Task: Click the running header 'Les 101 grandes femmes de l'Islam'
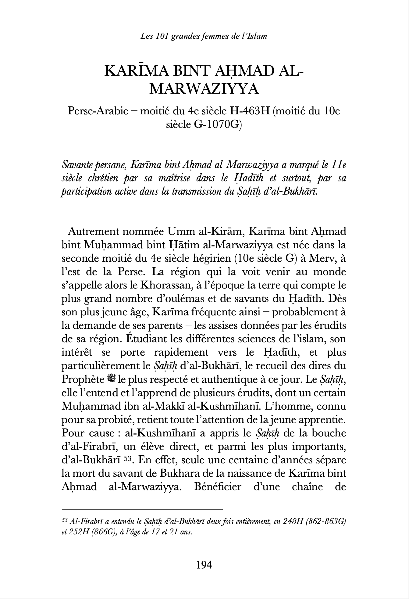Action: tap(204, 36)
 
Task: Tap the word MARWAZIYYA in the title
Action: tap(204, 89)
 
